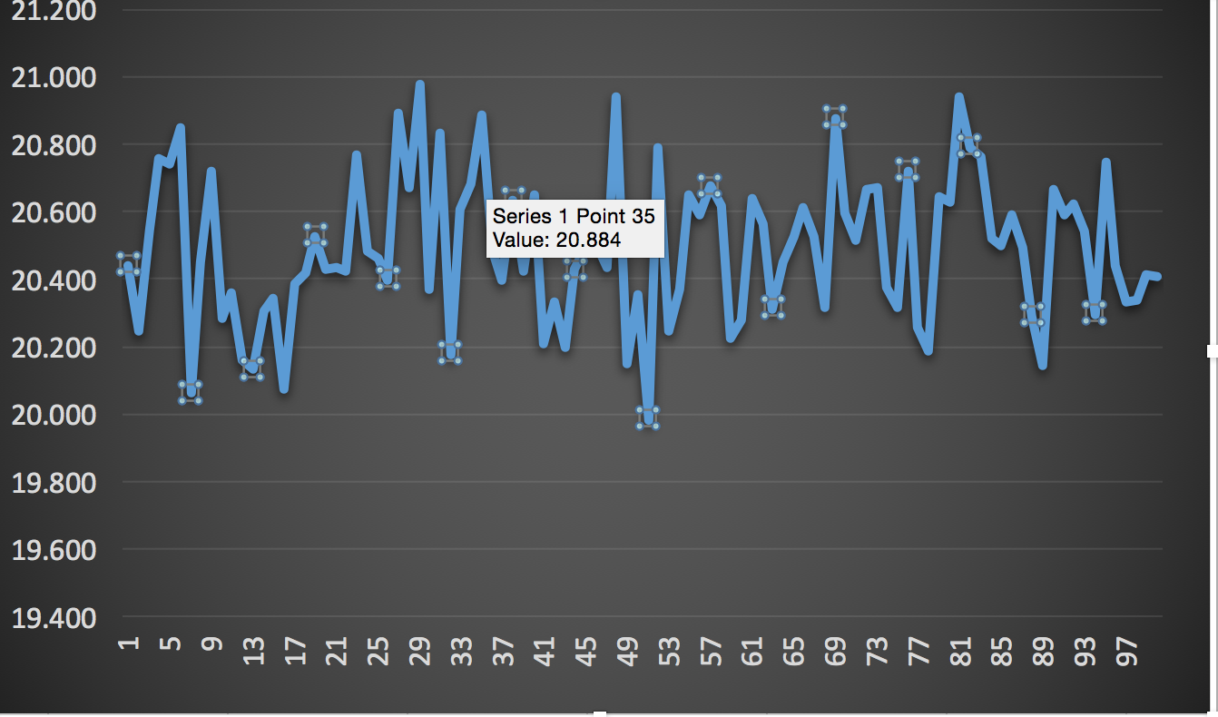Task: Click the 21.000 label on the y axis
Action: [53, 78]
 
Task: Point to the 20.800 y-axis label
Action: [53, 145]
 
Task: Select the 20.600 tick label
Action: [53, 213]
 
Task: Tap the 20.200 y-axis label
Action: [53, 349]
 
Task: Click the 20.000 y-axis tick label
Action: [53, 416]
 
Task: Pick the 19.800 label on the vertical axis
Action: [53, 483]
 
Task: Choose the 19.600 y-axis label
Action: [53, 550]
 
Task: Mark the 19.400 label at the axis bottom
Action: [53, 618]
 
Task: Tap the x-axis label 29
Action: [419, 651]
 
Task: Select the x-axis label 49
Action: [627, 651]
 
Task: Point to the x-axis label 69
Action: [835, 651]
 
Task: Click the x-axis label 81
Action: [959, 651]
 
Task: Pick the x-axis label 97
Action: [1125, 651]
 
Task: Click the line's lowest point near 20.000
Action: [647, 417]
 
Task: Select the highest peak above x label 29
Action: [419, 83]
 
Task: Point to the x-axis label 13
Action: [253, 651]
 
